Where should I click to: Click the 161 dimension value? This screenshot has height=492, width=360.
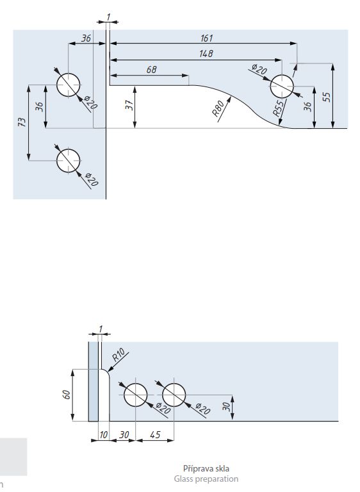coord(206,38)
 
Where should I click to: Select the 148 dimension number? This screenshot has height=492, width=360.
coord(206,54)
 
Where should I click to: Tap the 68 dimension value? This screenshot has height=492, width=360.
coord(151,69)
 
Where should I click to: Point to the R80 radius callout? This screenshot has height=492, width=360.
coord(218,108)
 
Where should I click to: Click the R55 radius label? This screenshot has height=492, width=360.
coord(278,108)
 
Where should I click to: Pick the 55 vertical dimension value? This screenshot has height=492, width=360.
coord(327,97)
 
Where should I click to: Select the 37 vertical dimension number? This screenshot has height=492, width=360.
coord(129,105)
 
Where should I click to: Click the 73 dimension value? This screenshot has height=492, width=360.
coord(22,122)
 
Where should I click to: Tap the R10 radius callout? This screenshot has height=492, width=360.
coord(119,355)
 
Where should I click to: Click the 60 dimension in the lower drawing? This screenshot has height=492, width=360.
coord(66,395)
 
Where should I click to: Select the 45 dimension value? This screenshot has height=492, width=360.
coord(155,434)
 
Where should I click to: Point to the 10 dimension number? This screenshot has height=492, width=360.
coord(104,435)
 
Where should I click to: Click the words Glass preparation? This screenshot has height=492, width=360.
coord(206,479)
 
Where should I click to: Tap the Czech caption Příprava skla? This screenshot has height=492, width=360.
coord(206,468)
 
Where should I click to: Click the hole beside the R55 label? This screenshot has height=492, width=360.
coord(282,86)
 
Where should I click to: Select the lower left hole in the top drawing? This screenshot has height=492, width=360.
coord(68,160)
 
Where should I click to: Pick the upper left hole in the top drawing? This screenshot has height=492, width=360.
coord(68,85)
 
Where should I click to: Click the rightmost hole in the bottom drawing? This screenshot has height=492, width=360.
coord(174,395)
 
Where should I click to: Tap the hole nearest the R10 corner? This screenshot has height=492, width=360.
coord(135,395)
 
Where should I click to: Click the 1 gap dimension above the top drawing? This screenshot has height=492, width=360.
coord(108,17)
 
